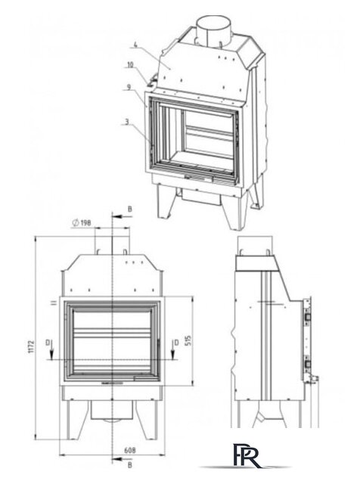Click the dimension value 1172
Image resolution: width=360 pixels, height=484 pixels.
31,346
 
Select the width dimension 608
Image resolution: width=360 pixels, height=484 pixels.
129,451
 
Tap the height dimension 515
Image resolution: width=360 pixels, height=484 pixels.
188,340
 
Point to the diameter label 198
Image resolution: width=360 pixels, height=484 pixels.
82,222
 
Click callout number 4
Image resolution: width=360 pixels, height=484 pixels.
135,45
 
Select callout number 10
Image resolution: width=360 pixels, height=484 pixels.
130,65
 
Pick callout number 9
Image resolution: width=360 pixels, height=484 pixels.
129,87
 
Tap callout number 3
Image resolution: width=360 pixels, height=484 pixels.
126,122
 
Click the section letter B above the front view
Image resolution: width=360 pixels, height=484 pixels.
129,209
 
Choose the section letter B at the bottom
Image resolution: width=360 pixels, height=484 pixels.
129,465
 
